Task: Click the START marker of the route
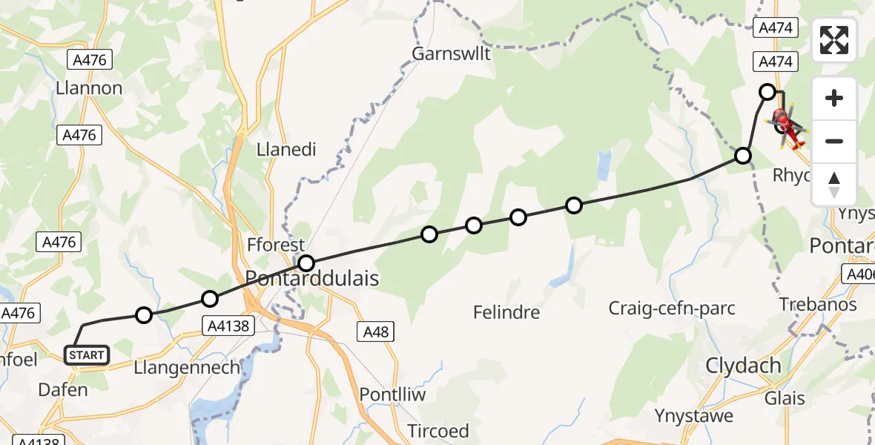(87, 355)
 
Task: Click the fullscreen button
(834, 40)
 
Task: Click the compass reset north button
(834, 185)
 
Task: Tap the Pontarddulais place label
(312, 279)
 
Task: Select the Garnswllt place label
(452, 53)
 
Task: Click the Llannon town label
(89, 88)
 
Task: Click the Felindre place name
(506, 312)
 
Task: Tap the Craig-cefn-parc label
(672, 307)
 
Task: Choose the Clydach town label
(744, 365)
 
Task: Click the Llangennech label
(188, 367)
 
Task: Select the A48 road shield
(376, 332)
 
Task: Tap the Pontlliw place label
(392, 394)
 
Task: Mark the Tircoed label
(438, 431)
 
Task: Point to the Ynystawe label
(694, 415)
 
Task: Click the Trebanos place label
(818, 305)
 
